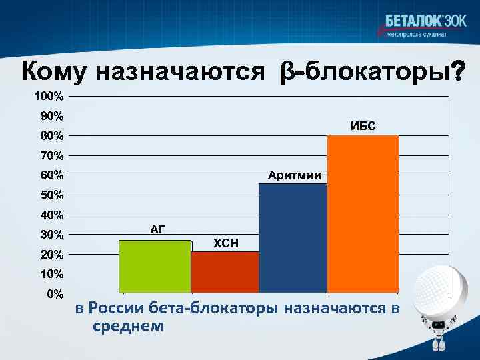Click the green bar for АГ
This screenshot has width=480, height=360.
pyautogui.click(x=155, y=266)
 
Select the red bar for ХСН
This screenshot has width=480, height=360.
pyautogui.click(x=225, y=272)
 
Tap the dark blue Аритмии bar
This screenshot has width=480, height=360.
pyautogui.click(x=293, y=237)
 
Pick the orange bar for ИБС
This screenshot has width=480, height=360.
pyautogui.click(x=363, y=213)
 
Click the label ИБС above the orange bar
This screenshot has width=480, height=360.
pyautogui.click(x=363, y=126)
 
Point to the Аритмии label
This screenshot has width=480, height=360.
pyautogui.click(x=294, y=175)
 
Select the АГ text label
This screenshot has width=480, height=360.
pyautogui.click(x=157, y=230)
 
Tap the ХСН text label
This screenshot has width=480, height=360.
pyautogui.click(x=225, y=243)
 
